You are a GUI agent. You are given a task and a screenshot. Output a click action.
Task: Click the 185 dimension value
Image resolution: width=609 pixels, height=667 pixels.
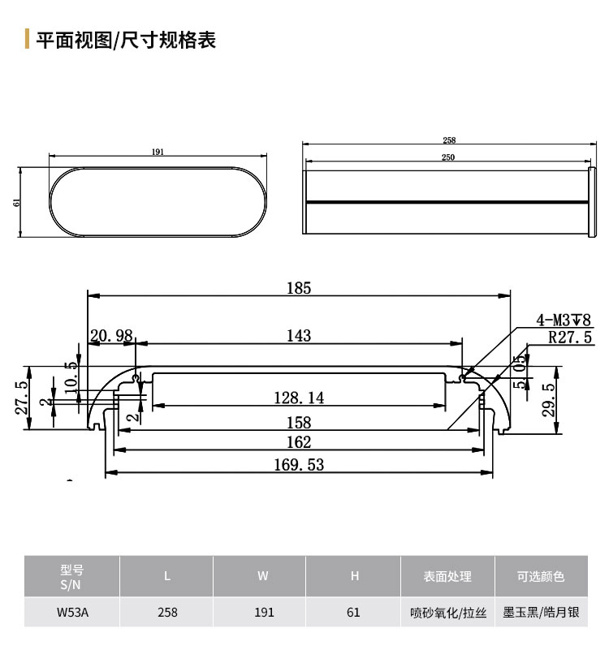[x=299, y=288]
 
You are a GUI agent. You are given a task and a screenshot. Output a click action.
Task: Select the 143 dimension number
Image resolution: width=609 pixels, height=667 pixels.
[x=299, y=336]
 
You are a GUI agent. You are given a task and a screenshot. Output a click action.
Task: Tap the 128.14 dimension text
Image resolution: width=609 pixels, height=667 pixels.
[x=299, y=398]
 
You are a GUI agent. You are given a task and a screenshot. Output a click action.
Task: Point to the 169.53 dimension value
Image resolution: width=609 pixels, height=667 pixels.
[x=299, y=464]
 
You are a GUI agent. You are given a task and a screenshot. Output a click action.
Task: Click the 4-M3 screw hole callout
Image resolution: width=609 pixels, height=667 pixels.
[x=564, y=320]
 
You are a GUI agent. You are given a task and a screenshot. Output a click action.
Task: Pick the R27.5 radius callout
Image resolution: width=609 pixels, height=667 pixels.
[x=570, y=337]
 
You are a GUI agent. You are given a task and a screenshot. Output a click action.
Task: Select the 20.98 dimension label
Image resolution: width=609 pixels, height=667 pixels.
[x=111, y=336]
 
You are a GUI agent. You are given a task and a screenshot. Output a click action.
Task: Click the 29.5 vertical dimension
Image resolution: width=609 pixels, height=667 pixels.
[x=550, y=399]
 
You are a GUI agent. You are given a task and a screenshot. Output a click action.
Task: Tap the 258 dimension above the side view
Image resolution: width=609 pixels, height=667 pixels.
[x=449, y=140]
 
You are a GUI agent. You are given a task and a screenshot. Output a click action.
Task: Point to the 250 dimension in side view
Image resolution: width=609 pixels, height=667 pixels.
[x=447, y=157]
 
